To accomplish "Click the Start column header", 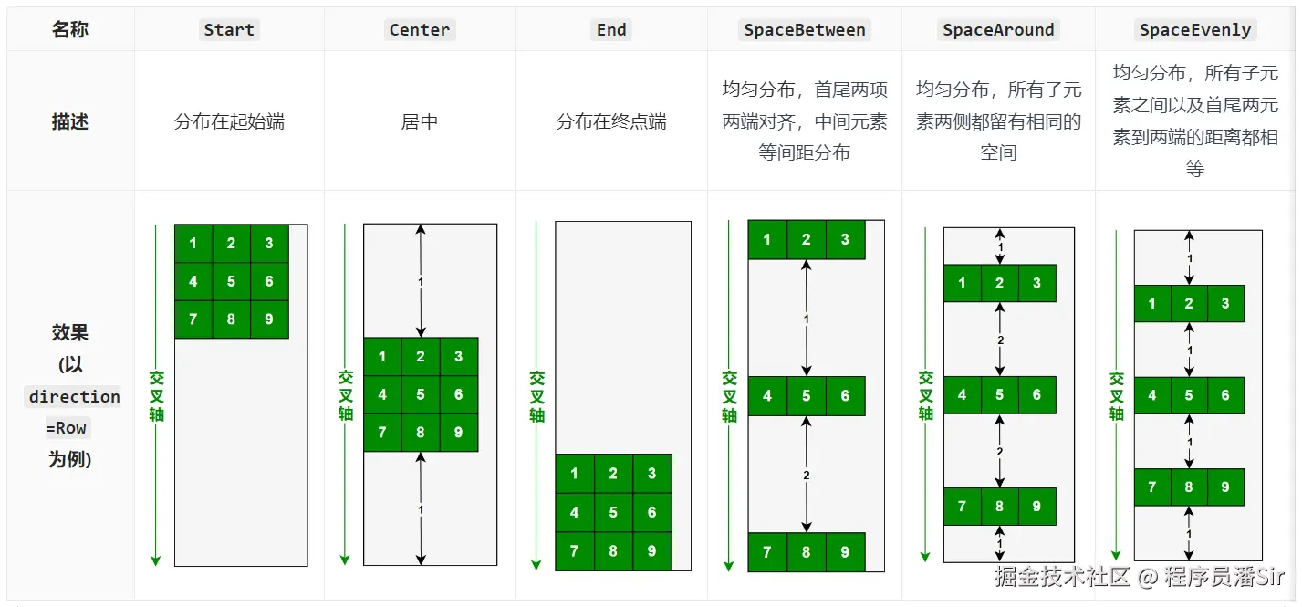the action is pos(229,30).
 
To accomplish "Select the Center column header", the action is pos(420,30).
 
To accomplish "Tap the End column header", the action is pos(611,30).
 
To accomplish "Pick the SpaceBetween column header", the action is pos(804,30).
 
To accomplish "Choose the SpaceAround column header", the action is pos(998,30).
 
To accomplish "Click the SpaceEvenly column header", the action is pos(1194,30).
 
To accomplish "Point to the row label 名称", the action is pos(70,30).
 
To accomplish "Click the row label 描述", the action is pos(70,121).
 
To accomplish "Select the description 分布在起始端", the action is pos(229,121).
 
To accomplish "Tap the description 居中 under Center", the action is pos(420,121).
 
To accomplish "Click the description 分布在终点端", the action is pos(611,121).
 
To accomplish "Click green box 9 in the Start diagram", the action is pos(269,319).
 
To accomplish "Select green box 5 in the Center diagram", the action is pos(421,394).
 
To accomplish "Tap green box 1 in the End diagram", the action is pos(574,474).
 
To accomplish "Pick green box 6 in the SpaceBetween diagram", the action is pos(845,396).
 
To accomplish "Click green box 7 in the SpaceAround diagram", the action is pos(963,507).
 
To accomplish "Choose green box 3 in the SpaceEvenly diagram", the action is pos(1225,303).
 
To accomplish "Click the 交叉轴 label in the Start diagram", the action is pos(156,395).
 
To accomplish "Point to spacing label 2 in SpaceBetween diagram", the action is pos(807,476).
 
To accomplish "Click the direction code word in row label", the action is pos(74,397).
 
